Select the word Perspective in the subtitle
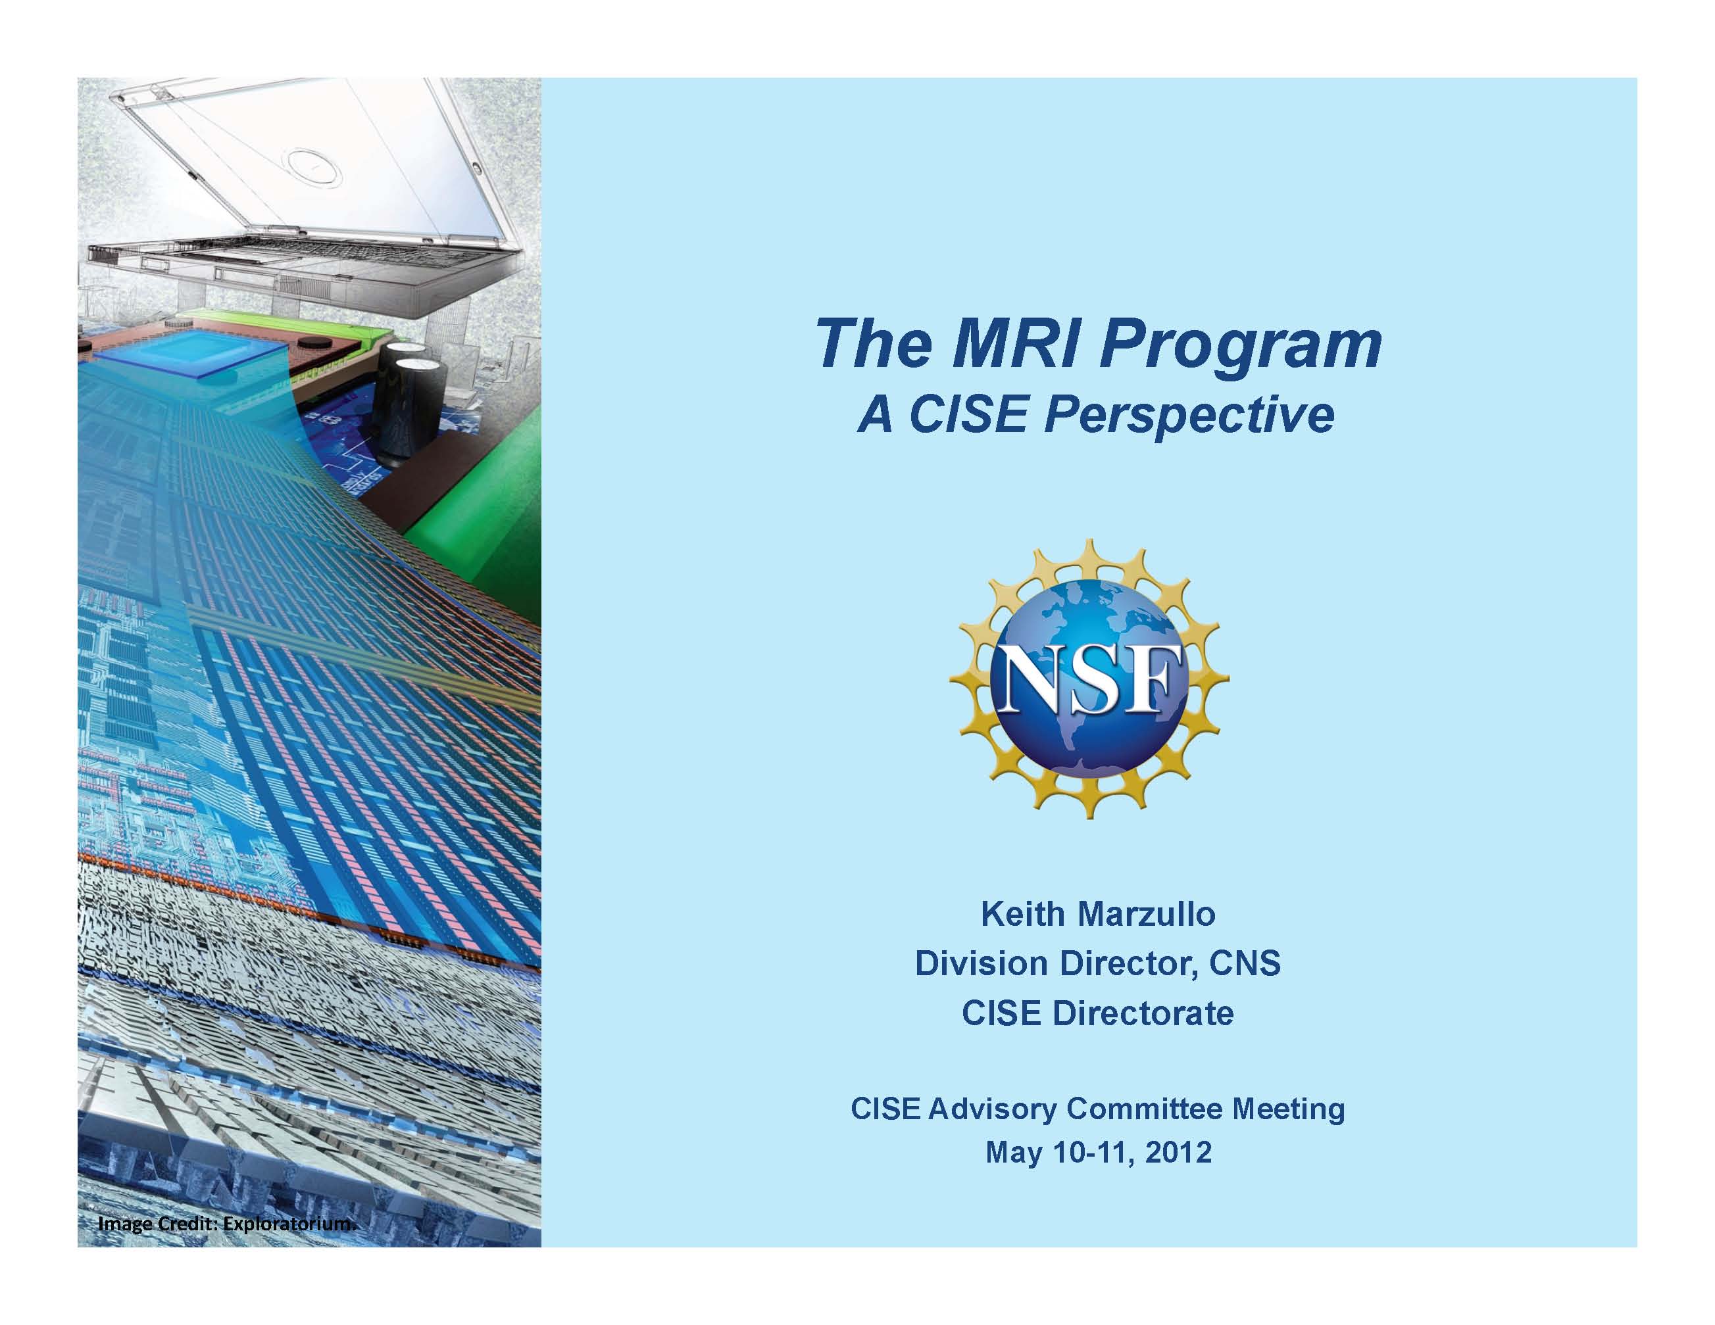(1187, 417)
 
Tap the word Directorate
(1143, 1013)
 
